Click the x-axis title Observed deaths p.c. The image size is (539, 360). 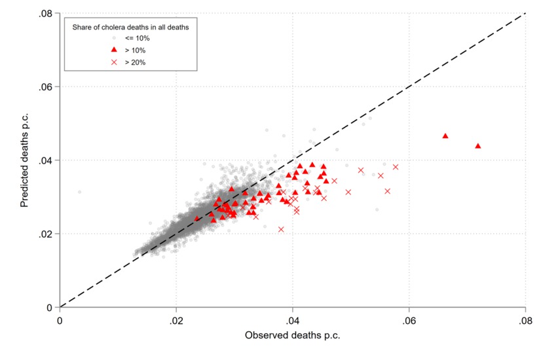click(292, 336)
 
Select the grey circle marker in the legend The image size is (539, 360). click(114, 39)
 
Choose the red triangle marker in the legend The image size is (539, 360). click(114, 50)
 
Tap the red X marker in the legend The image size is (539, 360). click(114, 62)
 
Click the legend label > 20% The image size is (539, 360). click(136, 62)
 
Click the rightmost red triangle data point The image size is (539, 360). click(477, 146)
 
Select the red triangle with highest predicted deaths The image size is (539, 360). click(445, 135)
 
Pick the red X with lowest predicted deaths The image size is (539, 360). click(281, 229)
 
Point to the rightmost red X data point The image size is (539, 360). click(396, 167)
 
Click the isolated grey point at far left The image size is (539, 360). click(80, 192)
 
